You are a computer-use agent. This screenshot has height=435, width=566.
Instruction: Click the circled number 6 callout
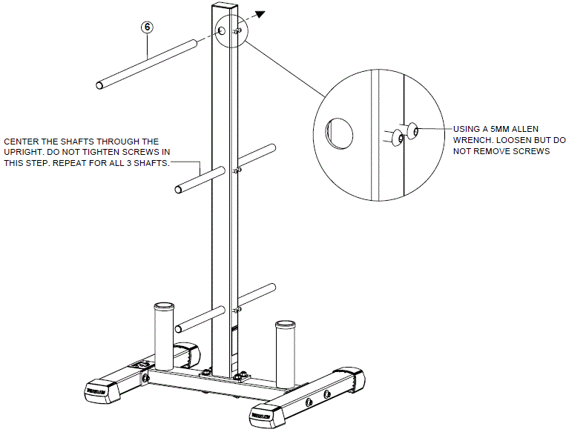[148, 27]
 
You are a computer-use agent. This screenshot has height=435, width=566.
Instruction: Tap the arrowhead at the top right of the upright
[260, 13]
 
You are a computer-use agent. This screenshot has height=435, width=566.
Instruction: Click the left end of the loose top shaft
[101, 83]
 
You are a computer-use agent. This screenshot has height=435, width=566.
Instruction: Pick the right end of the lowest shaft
[272, 288]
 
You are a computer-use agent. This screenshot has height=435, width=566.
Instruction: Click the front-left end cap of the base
[96, 388]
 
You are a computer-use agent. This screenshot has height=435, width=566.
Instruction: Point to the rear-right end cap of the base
[348, 376]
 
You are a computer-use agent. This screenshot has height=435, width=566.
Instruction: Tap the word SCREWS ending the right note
[529, 151]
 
